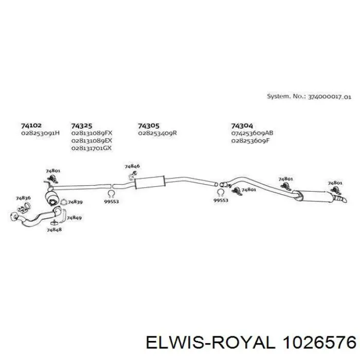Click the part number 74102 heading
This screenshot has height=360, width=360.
(31, 125)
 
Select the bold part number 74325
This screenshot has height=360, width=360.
(81, 126)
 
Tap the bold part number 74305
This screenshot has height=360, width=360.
(148, 126)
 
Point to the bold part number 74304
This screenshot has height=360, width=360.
(242, 126)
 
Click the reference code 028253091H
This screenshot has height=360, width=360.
(41, 133)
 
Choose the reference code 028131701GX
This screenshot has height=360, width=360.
(92, 148)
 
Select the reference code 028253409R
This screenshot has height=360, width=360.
(157, 133)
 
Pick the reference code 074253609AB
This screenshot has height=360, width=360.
(252, 133)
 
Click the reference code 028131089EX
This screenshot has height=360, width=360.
(92, 140)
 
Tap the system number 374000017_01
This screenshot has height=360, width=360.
(330, 97)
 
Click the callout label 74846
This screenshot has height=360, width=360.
(132, 166)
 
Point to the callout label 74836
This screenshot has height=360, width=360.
(23, 198)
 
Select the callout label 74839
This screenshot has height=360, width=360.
(75, 202)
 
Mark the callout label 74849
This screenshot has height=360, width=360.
(74, 218)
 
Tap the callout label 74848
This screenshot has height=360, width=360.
(54, 229)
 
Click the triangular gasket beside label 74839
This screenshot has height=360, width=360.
(63, 202)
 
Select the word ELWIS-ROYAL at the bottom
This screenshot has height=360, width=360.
(210, 343)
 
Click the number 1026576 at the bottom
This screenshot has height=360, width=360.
(319, 343)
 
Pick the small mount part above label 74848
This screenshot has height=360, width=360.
(54, 223)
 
